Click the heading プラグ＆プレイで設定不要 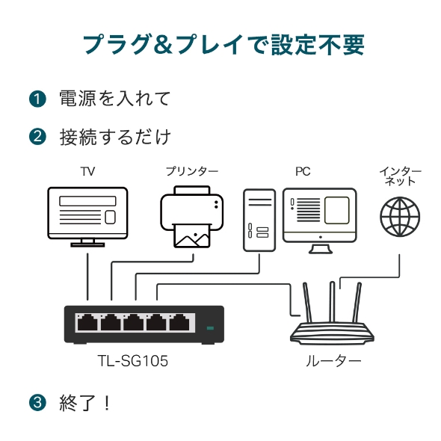pyautogui.click(x=222, y=45)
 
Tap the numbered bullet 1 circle pyautogui.click(x=37, y=99)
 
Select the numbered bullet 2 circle pyautogui.click(x=37, y=137)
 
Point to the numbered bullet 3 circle pyautogui.click(x=37, y=403)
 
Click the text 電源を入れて pyautogui.click(x=115, y=99)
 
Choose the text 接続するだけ pyautogui.click(x=115, y=137)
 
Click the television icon pyautogui.click(x=87, y=215)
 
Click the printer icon pyautogui.click(x=192, y=217)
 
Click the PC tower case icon pyautogui.click(x=259, y=220)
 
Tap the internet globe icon pyautogui.click(x=400, y=216)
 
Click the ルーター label pyautogui.click(x=333, y=361)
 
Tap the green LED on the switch pyautogui.click(x=210, y=327)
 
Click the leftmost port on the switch pyautogui.click(x=87, y=323)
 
